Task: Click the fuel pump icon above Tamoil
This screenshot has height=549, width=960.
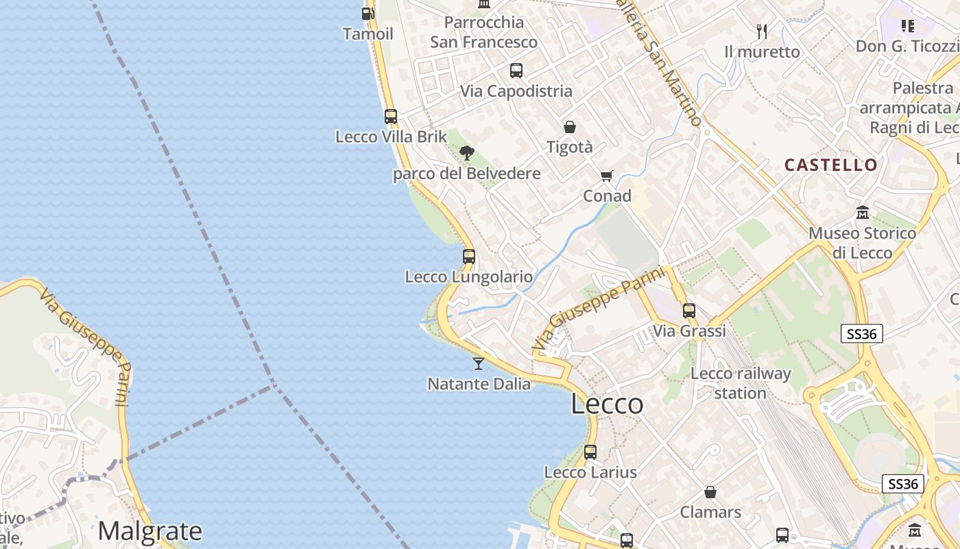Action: (368, 13)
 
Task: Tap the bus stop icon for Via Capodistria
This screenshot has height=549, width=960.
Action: (516, 70)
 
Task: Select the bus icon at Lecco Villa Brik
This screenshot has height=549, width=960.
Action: (390, 117)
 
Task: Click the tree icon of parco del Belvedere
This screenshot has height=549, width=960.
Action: (467, 153)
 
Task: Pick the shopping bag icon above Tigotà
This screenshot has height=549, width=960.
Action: (569, 127)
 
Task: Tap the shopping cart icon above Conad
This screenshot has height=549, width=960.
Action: (606, 176)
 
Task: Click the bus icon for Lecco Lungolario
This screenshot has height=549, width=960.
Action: (469, 257)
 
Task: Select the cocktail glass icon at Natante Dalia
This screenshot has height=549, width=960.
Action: (479, 363)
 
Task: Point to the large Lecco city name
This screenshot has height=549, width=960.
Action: (607, 404)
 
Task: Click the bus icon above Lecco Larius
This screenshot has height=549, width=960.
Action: (590, 452)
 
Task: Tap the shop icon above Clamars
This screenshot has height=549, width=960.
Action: (710, 492)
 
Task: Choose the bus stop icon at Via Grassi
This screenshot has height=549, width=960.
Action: (689, 310)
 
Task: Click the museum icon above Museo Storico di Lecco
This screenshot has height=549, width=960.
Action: (863, 213)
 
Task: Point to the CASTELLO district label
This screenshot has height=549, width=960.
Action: (830, 165)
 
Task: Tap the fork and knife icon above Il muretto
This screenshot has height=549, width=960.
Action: (761, 31)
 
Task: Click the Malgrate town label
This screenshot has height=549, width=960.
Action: (149, 531)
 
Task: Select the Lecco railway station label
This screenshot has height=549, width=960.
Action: (741, 384)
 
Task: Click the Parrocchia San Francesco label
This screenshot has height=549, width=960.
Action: (483, 32)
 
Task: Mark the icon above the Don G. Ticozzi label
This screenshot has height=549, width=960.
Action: (908, 26)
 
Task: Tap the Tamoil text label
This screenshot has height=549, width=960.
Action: (368, 34)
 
